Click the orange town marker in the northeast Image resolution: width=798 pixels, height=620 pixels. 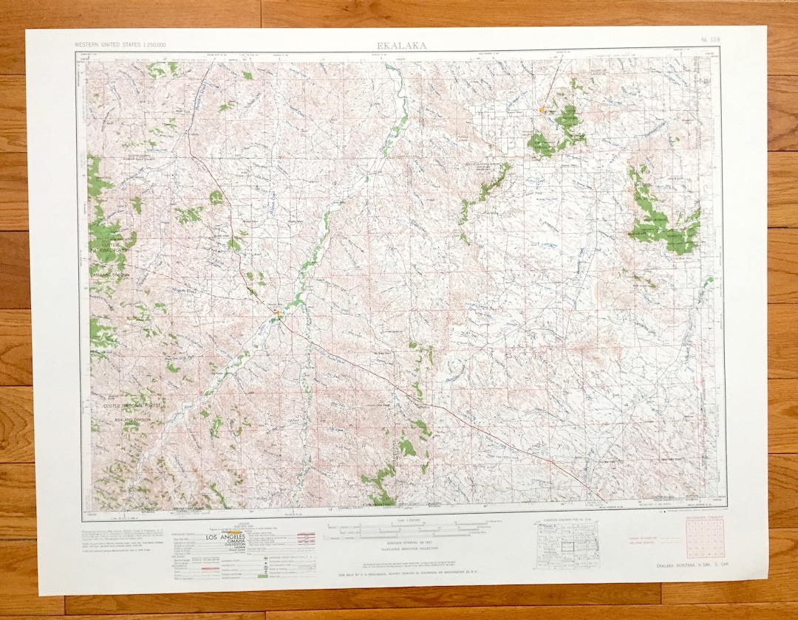point(542,110)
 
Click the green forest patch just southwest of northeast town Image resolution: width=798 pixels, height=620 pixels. point(542,144)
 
